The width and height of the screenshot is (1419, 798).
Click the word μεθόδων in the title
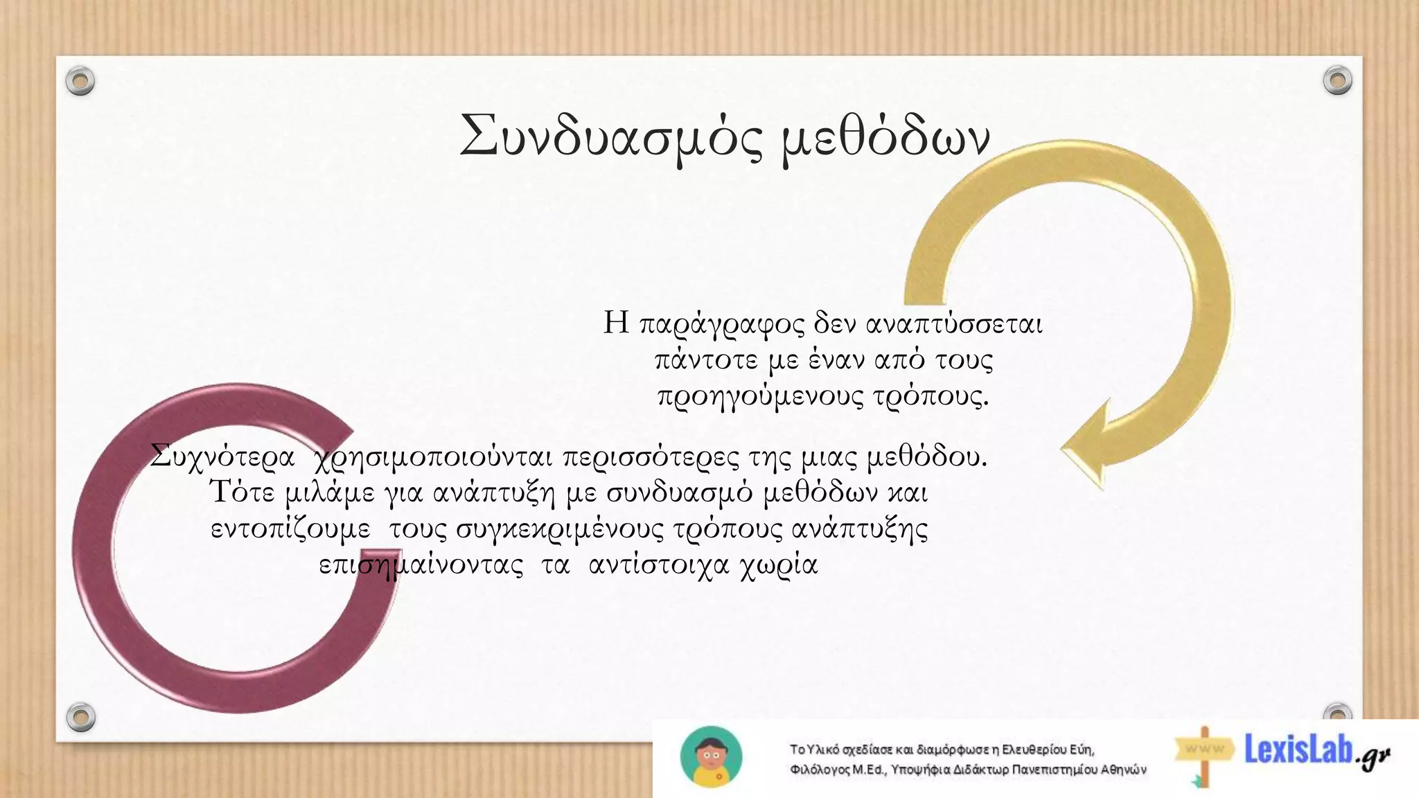tap(885, 139)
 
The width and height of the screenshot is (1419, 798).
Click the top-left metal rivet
tap(80, 82)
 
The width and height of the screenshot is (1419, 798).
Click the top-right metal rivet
tap(1337, 80)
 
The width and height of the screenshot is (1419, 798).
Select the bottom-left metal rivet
tap(80, 716)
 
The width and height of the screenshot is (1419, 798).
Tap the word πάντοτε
tap(706, 360)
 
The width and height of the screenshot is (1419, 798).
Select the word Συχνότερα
tap(222, 457)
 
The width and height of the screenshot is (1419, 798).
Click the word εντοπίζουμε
tap(290, 529)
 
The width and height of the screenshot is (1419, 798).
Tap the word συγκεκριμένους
tap(561, 530)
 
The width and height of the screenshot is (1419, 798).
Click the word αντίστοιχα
tap(658, 565)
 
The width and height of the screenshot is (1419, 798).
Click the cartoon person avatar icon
tap(712, 757)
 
